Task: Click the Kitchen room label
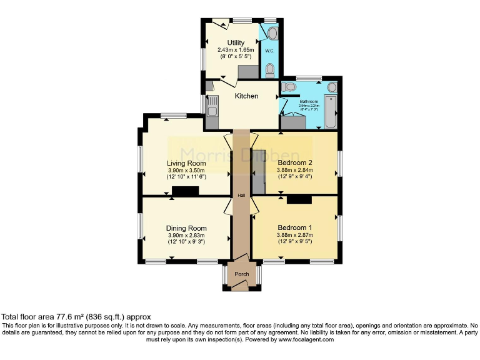(246, 96)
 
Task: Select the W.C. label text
(269, 51)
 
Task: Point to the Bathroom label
(308, 101)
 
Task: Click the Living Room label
(186, 163)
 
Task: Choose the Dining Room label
(186, 228)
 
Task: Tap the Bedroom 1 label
(294, 227)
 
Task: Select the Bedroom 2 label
(294, 163)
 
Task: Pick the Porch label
(241, 274)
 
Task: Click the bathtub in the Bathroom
(331, 111)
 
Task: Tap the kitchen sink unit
(212, 111)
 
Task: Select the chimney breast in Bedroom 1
(299, 199)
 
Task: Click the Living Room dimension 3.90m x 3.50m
(186, 171)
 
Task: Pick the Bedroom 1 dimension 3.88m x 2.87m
(294, 235)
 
